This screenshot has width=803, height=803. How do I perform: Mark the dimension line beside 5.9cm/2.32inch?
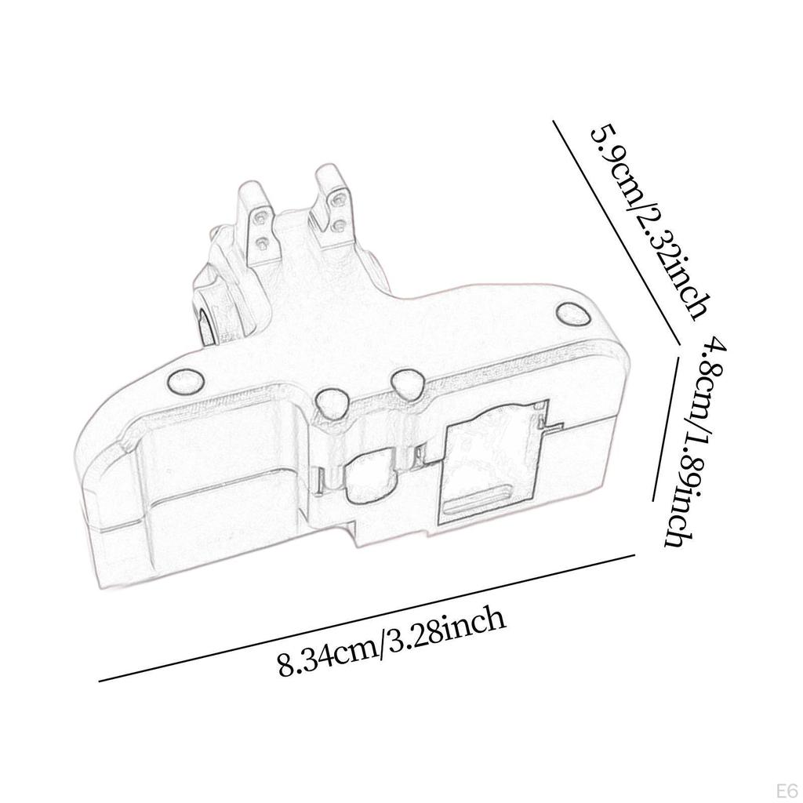point(616,233)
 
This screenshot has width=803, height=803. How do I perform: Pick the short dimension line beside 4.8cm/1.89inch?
point(666,428)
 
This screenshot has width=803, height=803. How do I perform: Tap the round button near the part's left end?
point(185,380)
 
